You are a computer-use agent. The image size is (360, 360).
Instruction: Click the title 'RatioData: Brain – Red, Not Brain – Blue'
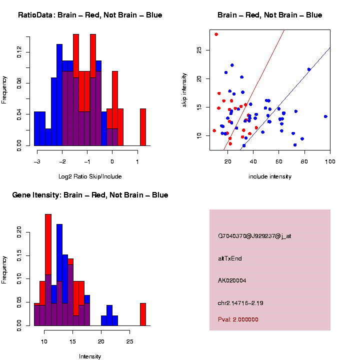click(90, 15)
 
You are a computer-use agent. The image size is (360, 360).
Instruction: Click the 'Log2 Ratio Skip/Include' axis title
click(90, 176)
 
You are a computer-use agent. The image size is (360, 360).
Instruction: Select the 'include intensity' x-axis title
click(269, 176)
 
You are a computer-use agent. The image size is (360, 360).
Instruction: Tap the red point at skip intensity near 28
click(216, 34)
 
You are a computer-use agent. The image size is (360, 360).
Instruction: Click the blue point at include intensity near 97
click(325, 116)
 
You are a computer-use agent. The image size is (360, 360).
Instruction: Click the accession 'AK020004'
click(232, 280)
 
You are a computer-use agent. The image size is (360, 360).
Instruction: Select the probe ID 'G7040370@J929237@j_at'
click(254, 236)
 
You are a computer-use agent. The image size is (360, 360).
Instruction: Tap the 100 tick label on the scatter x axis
click(329, 161)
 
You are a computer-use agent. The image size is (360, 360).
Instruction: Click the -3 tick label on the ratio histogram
click(36, 161)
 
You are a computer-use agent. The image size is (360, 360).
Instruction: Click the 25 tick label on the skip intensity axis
click(199, 50)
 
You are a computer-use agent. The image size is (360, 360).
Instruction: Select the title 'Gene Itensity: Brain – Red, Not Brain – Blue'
click(90, 195)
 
